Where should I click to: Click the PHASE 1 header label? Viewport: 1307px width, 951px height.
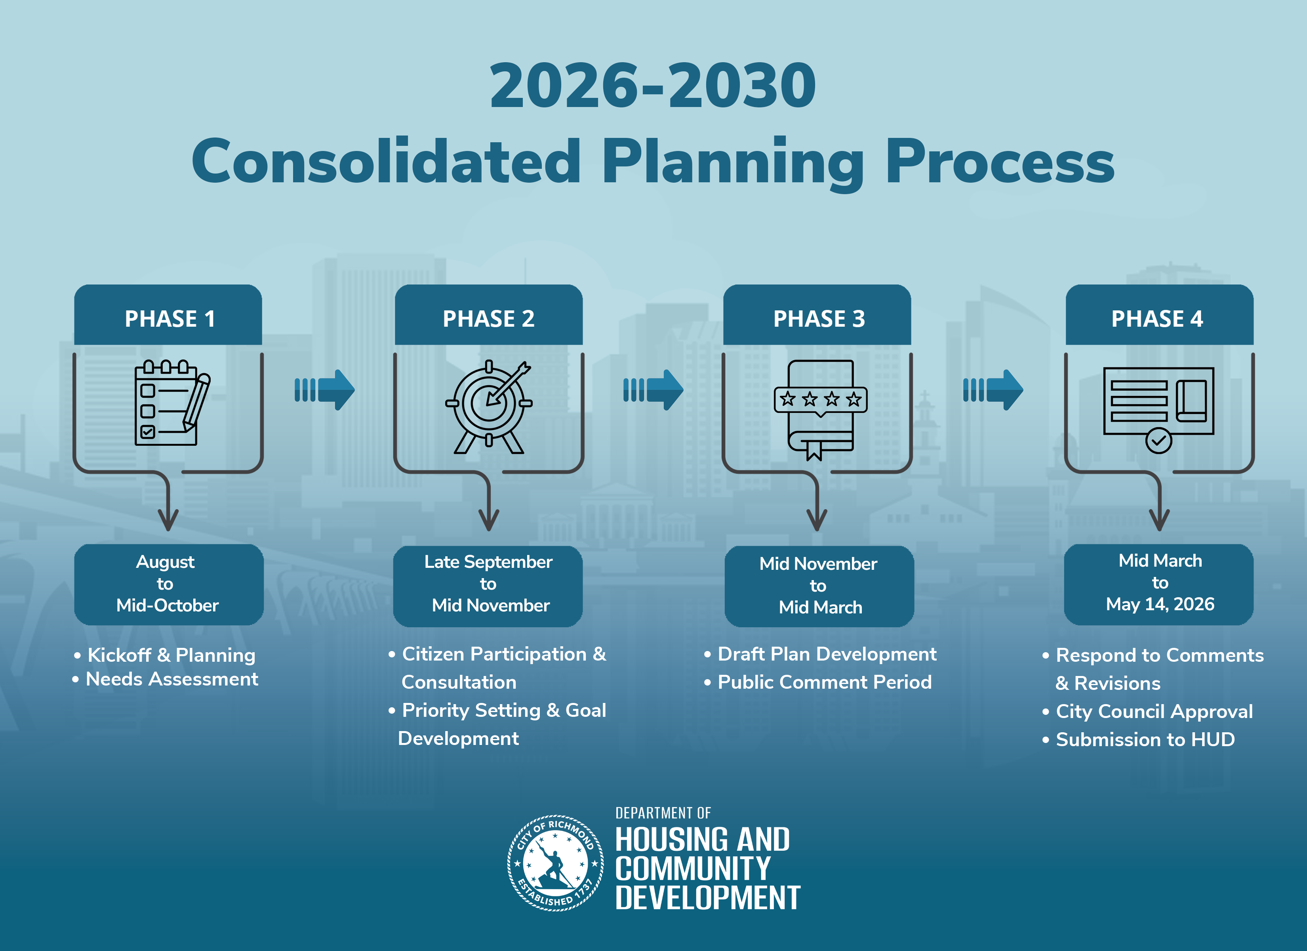pyautogui.click(x=170, y=318)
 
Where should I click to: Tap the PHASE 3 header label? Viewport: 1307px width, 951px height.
pyautogui.click(x=819, y=318)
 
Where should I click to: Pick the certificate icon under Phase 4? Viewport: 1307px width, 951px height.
pyautogui.click(x=1158, y=409)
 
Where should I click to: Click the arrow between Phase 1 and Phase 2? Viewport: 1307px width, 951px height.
pyautogui.click(x=324, y=390)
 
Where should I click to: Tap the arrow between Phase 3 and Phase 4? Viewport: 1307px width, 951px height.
pyautogui.click(x=993, y=390)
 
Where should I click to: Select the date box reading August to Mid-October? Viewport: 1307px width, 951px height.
pyautogui.click(x=169, y=584)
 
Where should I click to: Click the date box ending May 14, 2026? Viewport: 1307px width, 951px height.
pyautogui.click(x=1159, y=584)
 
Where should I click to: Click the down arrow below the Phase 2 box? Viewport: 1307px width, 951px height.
pyautogui.click(x=489, y=502)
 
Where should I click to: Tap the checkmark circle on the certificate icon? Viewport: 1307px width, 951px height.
pyautogui.click(x=1158, y=441)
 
